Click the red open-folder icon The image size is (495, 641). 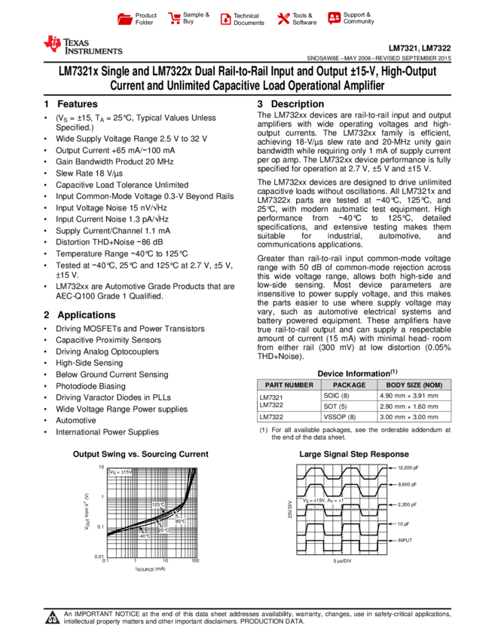coord(125,20)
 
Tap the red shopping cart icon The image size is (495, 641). coord(175,19)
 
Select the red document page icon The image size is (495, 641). coord(225,20)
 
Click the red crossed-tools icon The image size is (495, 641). coord(283,19)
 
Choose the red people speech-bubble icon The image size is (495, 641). coord(335,18)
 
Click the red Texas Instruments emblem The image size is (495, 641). coord(53,44)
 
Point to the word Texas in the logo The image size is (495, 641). coord(77,41)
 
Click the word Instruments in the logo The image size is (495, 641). coord(93,51)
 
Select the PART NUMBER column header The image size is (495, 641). coord(289,385)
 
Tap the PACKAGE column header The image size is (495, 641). coord(349,385)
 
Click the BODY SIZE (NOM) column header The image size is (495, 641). coord(414,385)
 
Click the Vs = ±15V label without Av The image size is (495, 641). coord(121,473)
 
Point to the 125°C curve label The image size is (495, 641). coord(158,505)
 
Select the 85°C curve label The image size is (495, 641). coord(181,522)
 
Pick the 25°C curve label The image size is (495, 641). coord(163,531)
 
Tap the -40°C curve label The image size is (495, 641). coord(144,536)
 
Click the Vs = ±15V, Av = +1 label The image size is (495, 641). coord(323,501)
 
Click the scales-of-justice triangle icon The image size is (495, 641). coord(52,618)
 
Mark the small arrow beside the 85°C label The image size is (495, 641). coord(174,514)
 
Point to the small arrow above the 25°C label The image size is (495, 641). coord(157,522)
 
